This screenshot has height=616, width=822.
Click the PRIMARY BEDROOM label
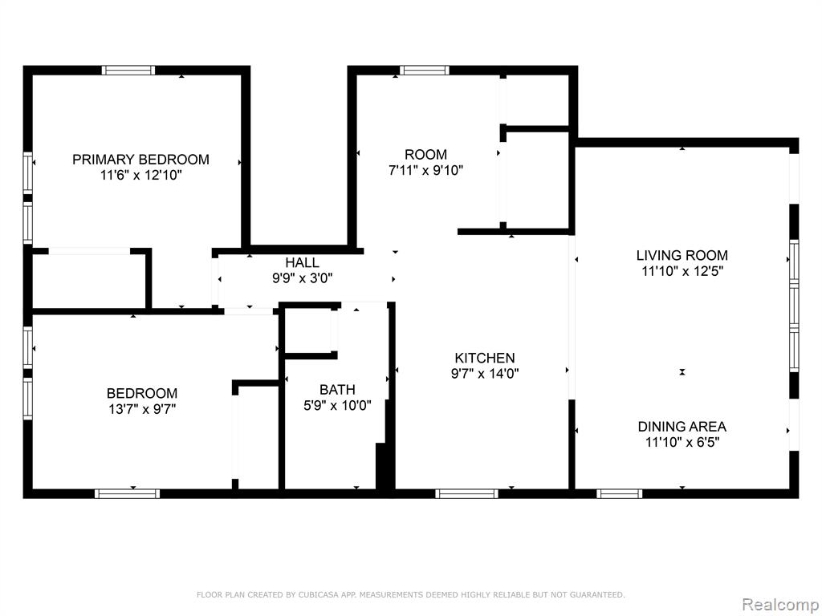pos(140,160)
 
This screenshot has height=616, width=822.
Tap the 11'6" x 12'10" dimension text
pos(140,175)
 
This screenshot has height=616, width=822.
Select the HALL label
pos(302,262)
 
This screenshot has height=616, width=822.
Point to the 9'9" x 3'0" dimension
pos(302,278)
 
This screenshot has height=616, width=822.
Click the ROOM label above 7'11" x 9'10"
pos(425,155)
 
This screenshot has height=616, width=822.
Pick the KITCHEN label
pos(484,358)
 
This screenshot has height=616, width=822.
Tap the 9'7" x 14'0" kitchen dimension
pos(484,374)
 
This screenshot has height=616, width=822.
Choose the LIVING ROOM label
pos(682,256)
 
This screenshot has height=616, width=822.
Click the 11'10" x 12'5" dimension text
pos(682,271)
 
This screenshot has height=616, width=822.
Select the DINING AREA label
pos(682,427)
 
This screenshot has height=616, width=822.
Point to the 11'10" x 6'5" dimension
pos(682,442)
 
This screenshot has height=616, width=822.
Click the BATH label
pos(337,390)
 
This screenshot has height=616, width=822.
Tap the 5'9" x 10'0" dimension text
pos(337,405)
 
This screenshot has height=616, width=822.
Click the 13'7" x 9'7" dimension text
pos(141,408)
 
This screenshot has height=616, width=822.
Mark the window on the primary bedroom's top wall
pos(128,71)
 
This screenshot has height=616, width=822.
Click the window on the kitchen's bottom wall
pos(466,493)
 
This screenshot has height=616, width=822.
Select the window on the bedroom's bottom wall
pos(128,493)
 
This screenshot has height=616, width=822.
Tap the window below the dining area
pos(620,493)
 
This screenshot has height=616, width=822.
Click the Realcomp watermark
pos(780,605)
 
